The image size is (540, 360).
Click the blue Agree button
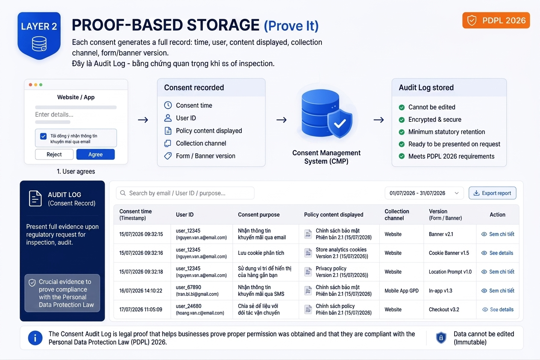tap(95, 154)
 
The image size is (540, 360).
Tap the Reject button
tap(54, 154)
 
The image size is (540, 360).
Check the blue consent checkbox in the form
tap(44, 136)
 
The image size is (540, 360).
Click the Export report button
tap(492, 193)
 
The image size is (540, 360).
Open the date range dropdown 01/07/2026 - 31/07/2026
tap(424, 193)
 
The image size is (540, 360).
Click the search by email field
tap(185, 193)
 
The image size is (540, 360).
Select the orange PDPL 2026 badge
tap(496, 20)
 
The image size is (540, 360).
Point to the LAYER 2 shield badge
tap(39, 35)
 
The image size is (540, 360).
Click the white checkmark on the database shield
tap(340, 124)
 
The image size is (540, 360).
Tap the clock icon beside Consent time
tap(168, 105)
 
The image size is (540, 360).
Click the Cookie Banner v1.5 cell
tap(449, 253)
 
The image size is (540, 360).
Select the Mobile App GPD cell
tap(402, 290)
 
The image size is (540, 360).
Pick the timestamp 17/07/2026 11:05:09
tap(141, 309)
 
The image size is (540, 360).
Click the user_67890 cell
tap(197, 290)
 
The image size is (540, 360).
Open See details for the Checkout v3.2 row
tap(498, 309)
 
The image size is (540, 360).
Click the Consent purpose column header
tap(258, 215)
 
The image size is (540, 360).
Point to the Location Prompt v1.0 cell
tap(450, 271)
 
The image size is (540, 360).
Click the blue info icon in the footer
tap(35, 338)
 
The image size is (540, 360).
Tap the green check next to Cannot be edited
tap(402, 107)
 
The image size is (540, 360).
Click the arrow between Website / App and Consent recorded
tap(143, 120)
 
